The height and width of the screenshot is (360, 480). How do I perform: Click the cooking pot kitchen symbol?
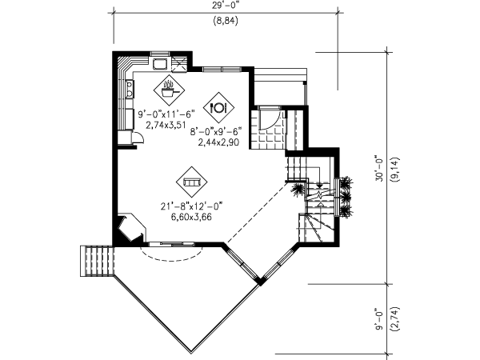169,90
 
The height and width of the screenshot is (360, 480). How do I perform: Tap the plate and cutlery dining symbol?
218,107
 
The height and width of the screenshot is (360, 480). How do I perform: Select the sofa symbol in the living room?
192,182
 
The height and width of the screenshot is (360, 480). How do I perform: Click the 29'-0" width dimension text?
225,6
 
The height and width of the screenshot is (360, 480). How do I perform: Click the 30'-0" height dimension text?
379,170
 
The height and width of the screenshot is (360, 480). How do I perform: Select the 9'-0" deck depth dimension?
379,319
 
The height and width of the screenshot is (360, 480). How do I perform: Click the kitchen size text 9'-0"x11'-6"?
166,114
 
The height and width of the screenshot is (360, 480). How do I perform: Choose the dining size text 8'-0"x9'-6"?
216,132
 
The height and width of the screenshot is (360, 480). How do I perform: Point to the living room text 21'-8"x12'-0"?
191,206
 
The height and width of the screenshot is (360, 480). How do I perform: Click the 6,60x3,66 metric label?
191,217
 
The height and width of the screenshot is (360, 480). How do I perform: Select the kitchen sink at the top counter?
160,64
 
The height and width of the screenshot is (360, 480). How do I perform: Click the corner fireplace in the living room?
130,227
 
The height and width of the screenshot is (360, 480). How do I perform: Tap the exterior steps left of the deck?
97,261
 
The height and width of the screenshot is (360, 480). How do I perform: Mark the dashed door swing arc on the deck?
171,259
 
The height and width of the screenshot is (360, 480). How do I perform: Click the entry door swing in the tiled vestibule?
270,120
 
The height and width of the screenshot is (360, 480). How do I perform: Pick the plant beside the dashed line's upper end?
297,190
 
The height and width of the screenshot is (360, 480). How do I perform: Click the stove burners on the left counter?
130,89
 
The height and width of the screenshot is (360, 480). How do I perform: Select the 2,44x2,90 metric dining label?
218,142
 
